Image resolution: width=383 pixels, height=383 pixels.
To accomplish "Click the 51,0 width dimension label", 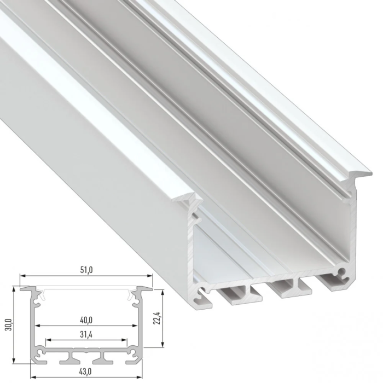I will click(x=86, y=269).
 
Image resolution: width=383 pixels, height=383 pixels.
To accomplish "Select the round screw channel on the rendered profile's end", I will click(x=341, y=271).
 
